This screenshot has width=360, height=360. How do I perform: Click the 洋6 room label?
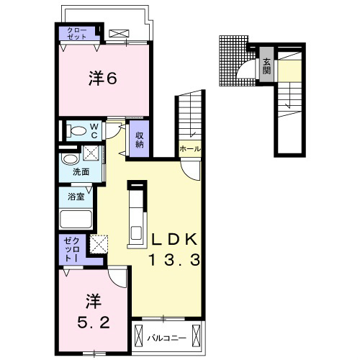(x=103, y=78)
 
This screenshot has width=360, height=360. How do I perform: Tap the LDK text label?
(x=174, y=239)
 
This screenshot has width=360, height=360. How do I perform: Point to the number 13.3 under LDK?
(x=174, y=260)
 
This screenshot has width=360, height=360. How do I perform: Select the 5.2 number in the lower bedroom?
(x=94, y=323)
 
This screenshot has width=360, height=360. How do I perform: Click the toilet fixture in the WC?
(x=76, y=130)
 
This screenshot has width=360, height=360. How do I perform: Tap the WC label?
(x=94, y=131)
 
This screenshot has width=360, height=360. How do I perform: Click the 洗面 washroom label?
(x=81, y=172)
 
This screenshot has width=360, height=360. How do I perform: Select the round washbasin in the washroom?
(x=71, y=159)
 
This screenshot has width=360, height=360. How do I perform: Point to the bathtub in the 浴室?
(x=76, y=219)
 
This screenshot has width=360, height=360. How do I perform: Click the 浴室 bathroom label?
(x=76, y=197)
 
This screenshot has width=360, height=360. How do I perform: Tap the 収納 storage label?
(x=139, y=140)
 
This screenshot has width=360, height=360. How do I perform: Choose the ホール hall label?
(x=190, y=149)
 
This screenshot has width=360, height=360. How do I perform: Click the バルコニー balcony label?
(x=166, y=338)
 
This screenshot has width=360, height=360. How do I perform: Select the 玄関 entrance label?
(x=266, y=66)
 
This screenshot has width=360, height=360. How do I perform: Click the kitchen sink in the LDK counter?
(x=136, y=233)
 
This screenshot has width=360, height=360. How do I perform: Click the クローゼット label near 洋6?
(x=77, y=33)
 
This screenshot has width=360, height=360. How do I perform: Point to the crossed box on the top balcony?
(x=119, y=34)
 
